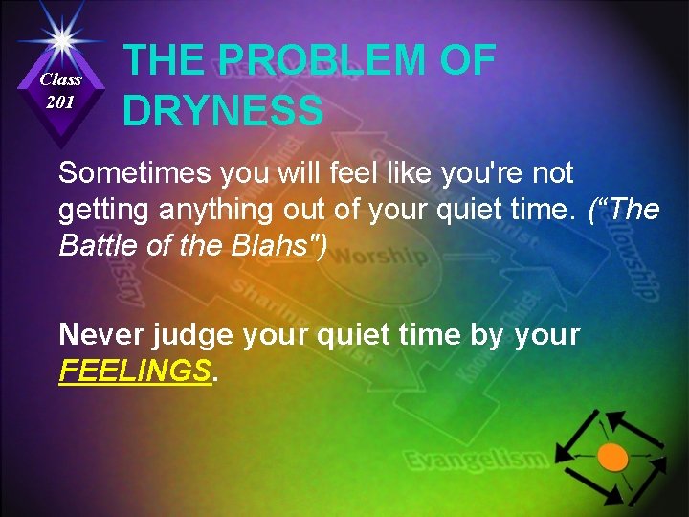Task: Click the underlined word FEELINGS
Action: click(134, 371)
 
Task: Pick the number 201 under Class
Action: click(60, 101)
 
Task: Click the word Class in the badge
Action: click(60, 79)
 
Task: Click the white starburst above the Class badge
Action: click(60, 38)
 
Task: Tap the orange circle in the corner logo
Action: click(612, 457)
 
